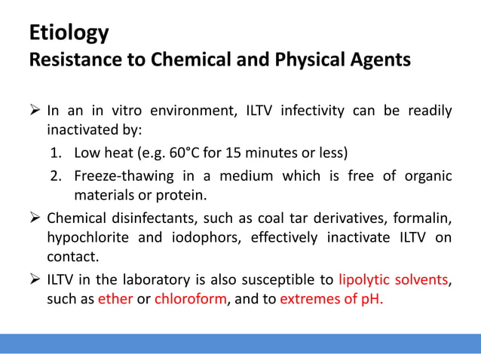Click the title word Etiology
point(69,33)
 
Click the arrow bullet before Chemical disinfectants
point(35,218)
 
